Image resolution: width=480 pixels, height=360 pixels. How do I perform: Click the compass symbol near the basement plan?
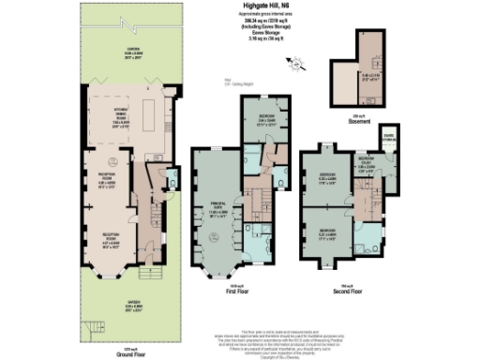(297, 64)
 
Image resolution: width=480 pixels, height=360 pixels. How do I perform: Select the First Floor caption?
(242, 291)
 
